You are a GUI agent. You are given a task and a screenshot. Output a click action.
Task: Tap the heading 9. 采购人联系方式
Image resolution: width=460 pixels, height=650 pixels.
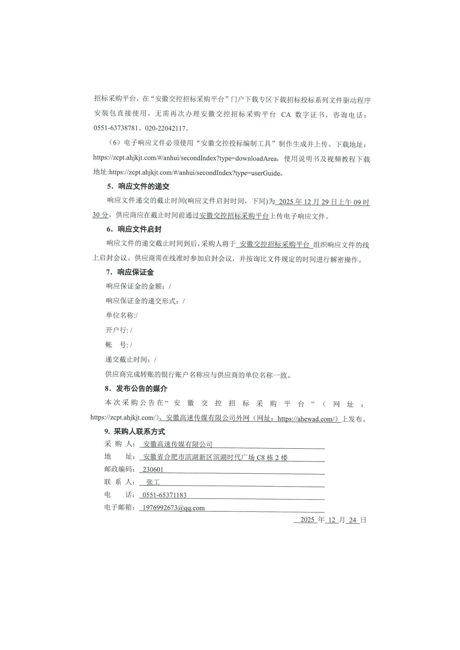135,432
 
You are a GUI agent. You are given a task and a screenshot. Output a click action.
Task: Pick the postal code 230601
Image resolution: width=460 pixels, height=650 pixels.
153,470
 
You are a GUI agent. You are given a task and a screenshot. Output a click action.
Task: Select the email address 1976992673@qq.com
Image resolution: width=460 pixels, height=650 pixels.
173,508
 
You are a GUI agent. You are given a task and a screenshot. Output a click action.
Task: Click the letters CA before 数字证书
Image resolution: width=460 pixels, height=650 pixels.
286,115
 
